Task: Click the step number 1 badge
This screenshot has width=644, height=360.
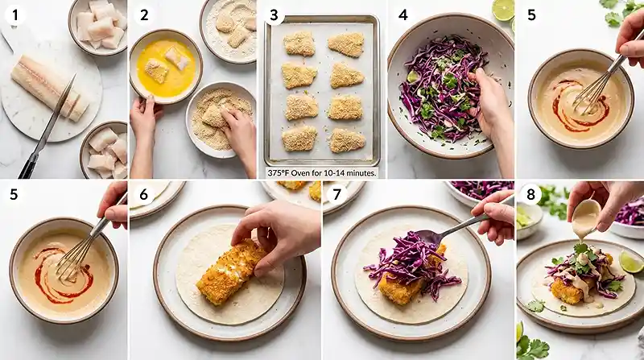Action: pos(15,15)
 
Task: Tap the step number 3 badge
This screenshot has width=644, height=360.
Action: pos(274,15)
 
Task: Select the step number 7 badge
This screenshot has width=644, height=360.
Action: pos(336,193)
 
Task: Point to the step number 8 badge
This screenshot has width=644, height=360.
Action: pos(530,193)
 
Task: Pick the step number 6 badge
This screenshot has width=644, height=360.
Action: pos(143,193)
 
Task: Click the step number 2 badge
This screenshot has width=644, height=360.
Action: pos(144,15)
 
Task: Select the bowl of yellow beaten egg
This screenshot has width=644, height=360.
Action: pos(166,66)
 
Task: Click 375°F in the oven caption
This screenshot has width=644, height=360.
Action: pos(278,173)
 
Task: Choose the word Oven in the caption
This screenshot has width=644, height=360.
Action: pos(300,173)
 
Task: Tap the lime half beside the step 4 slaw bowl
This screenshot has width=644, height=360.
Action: pos(503,10)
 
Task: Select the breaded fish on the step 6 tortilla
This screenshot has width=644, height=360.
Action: pos(231,271)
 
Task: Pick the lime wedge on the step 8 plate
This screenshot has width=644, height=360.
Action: pos(630,262)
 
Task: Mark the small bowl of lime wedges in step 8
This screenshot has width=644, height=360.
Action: pos(528,220)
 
